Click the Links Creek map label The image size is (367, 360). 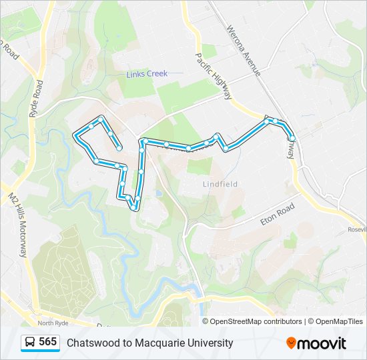[x=147, y=74]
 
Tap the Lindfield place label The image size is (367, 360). [x=220, y=184]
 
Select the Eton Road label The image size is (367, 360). [x=277, y=214]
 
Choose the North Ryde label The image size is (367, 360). [x=53, y=323]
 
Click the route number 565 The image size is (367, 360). [x=47, y=342]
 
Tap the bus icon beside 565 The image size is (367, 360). [x=30, y=343]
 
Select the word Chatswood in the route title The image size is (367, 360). [x=91, y=343]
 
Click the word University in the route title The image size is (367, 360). [x=210, y=343]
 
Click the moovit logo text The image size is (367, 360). [x=322, y=343]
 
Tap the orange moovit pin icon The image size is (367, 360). [x=291, y=343]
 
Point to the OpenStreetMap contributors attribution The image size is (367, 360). [x=256, y=321]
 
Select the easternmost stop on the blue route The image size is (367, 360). [x=292, y=138]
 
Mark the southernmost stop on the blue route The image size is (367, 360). [x=135, y=207]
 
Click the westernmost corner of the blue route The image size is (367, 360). [x=75, y=135]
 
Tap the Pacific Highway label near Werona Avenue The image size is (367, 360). [x=213, y=75]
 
